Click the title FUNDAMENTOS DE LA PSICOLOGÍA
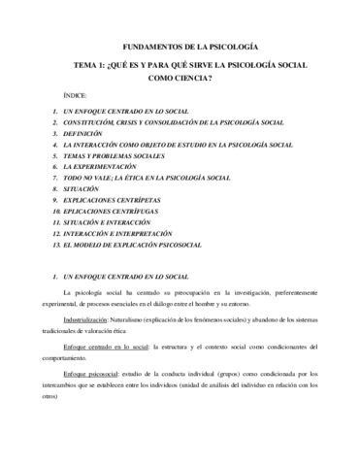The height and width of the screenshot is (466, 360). coord(180,47)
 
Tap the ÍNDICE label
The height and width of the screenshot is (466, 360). coord(74,97)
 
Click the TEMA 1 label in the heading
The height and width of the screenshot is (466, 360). coord(80,65)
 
